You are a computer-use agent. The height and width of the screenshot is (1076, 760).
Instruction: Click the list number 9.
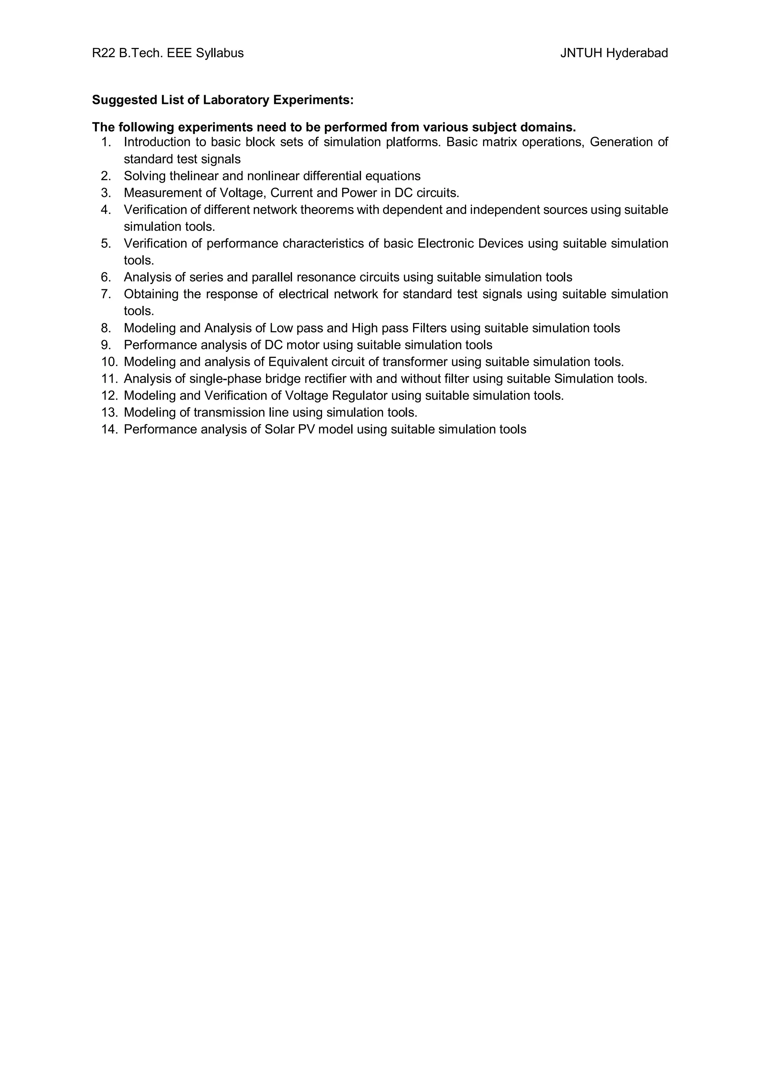coord(105,345)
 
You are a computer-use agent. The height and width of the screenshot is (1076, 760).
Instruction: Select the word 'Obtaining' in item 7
coord(151,294)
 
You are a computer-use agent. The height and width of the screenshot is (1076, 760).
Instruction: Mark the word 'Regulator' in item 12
coord(359,395)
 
